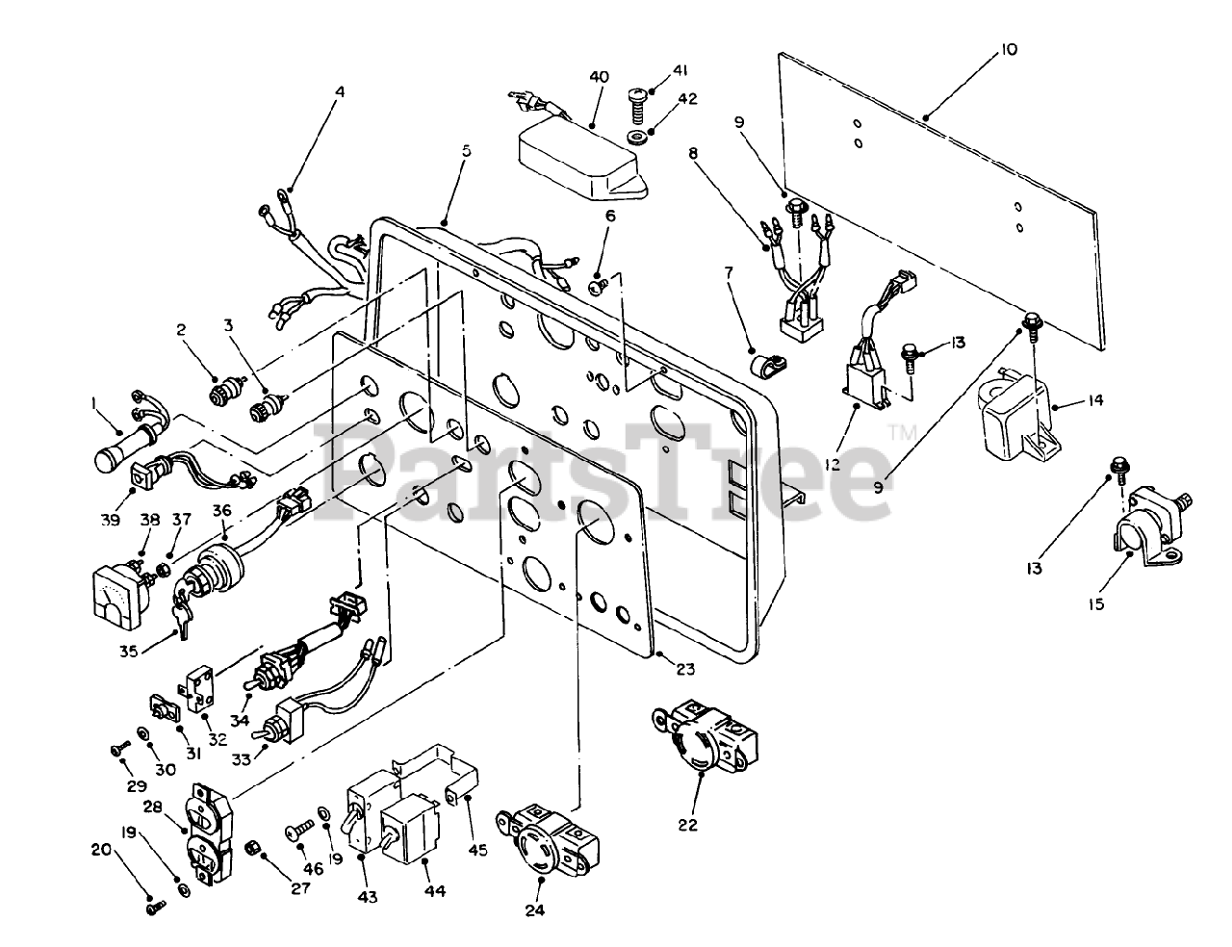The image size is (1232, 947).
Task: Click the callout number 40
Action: [x=600, y=77]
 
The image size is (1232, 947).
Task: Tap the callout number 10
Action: [x=1008, y=50]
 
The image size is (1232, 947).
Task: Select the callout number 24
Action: [x=534, y=910]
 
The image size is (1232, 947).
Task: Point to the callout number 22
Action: [x=688, y=825]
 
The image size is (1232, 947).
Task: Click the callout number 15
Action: [x=1096, y=604]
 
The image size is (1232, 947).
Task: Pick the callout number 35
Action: [x=129, y=652]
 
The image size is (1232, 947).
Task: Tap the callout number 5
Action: [x=466, y=151]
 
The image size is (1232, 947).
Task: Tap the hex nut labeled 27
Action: [x=251, y=849]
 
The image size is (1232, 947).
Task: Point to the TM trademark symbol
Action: [x=903, y=433]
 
